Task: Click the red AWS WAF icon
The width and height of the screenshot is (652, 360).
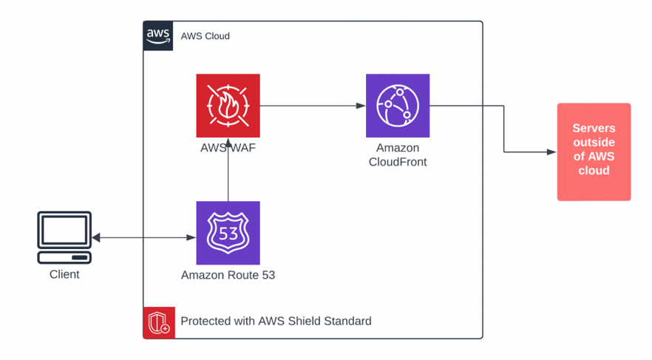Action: click(x=228, y=106)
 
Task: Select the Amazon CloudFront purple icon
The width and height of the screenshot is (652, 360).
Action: click(x=398, y=106)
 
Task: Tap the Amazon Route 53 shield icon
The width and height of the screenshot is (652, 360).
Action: click(x=228, y=233)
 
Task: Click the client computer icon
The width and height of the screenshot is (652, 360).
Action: click(x=64, y=237)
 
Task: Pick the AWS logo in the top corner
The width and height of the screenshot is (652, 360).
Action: click(x=157, y=35)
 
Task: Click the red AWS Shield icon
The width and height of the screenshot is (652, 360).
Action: click(x=159, y=322)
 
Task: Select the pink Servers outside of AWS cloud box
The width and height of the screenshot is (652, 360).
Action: click(x=594, y=152)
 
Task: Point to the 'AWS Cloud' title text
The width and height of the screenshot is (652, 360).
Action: click(x=206, y=36)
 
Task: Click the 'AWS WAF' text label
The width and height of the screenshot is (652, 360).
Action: click(x=228, y=148)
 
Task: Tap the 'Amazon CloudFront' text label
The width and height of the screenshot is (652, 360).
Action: click(x=398, y=155)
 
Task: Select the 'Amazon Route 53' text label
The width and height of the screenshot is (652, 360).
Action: click(x=228, y=275)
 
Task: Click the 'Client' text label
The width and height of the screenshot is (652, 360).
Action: click(x=64, y=274)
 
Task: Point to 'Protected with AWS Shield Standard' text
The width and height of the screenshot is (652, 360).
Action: click(x=276, y=322)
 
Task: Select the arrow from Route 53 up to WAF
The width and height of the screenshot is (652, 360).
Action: click(x=228, y=170)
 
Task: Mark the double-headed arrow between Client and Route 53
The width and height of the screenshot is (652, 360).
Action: click(x=143, y=238)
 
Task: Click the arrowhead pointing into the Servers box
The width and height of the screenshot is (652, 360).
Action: click(x=551, y=152)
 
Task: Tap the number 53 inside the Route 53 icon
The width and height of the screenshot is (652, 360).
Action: click(x=228, y=234)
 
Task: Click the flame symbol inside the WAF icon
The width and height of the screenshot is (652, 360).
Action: click(x=228, y=106)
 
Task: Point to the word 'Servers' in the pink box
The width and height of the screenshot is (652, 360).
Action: click(x=594, y=129)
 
